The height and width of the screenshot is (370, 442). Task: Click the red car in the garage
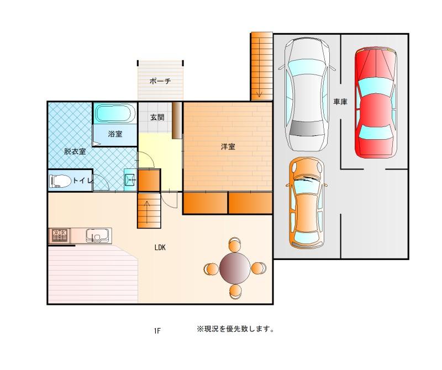click(376, 103)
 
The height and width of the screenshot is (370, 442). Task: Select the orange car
click(307, 203)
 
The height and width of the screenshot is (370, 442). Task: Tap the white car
click(307, 94)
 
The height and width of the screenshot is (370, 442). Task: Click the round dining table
click(235, 268)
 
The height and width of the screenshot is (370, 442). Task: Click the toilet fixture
click(60, 181)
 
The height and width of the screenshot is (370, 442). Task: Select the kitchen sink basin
click(97, 236)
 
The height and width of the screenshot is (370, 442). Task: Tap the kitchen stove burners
click(60, 236)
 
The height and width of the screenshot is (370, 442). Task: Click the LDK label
click(160, 248)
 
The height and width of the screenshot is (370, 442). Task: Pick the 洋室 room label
click(228, 146)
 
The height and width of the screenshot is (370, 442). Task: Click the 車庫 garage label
click(340, 102)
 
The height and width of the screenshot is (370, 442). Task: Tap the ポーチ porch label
click(160, 81)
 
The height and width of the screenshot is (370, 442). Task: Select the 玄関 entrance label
click(157, 117)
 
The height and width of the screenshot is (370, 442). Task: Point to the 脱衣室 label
click(75, 151)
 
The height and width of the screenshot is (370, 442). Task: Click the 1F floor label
click(157, 331)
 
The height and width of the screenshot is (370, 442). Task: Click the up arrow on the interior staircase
click(147, 208)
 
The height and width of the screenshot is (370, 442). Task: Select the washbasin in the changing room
click(130, 179)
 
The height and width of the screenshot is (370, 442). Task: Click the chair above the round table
click(235, 244)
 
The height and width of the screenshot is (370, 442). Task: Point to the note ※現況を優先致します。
click(235, 329)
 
